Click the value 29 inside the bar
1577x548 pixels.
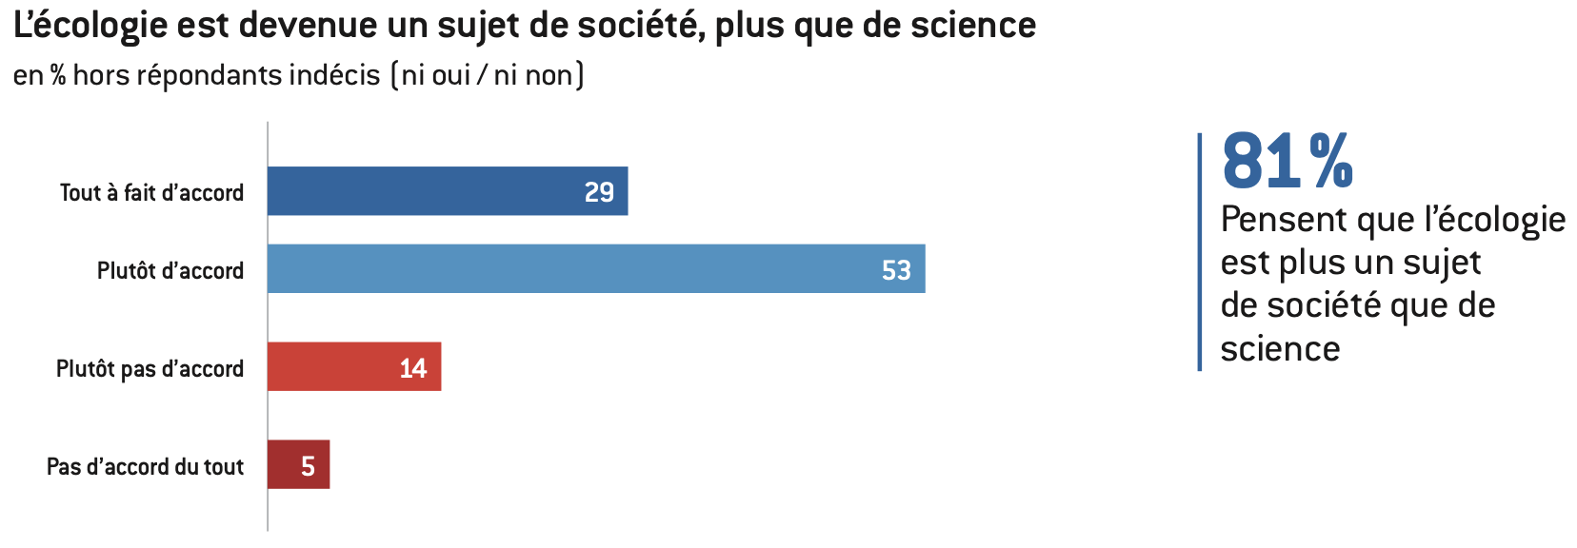coord(599,192)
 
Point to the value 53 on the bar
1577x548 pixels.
coord(896,270)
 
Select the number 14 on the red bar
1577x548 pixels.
coord(412,368)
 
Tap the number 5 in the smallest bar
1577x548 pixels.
coord(308,466)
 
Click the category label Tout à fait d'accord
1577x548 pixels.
coord(151,192)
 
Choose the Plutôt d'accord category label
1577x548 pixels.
coord(170,270)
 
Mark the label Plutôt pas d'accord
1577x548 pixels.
coord(150,368)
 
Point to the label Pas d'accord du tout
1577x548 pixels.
coord(145,466)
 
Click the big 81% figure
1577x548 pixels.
coord(1287,161)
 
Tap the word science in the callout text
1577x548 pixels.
coord(1280,349)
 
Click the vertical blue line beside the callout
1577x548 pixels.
coord(1200,251)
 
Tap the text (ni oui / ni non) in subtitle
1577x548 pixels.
coord(488,75)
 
